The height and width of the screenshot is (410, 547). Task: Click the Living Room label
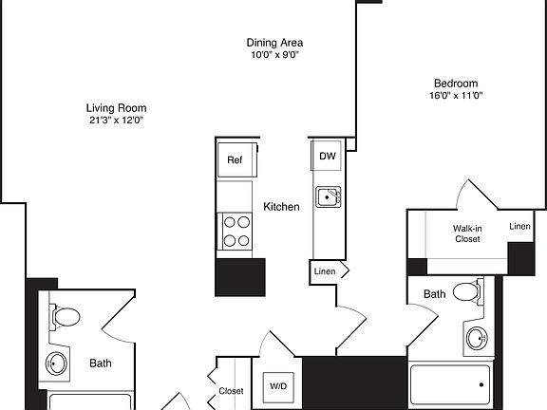click(x=115, y=107)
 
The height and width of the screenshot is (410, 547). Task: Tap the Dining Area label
click(x=275, y=43)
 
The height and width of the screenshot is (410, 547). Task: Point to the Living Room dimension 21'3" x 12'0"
click(x=115, y=121)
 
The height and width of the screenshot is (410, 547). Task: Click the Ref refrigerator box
click(x=235, y=159)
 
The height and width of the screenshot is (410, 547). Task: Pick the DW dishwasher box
click(x=327, y=156)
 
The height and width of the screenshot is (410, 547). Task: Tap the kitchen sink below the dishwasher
click(x=329, y=196)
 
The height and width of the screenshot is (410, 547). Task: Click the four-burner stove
click(x=237, y=229)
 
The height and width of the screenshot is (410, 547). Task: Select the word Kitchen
click(x=281, y=207)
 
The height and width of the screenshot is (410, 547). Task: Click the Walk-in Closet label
click(x=465, y=233)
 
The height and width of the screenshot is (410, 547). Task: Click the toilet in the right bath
click(x=467, y=292)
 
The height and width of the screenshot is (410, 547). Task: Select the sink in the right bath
click(x=476, y=336)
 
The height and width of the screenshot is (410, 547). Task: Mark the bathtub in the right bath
click(x=448, y=386)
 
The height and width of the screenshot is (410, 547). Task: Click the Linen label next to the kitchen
click(x=324, y=272)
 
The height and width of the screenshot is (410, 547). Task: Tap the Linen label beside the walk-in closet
click(x=519, y=226)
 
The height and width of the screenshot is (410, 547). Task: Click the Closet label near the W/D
click(x=231, y=391)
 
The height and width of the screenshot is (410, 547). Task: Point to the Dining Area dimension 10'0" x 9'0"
click(x=275, y=56)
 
